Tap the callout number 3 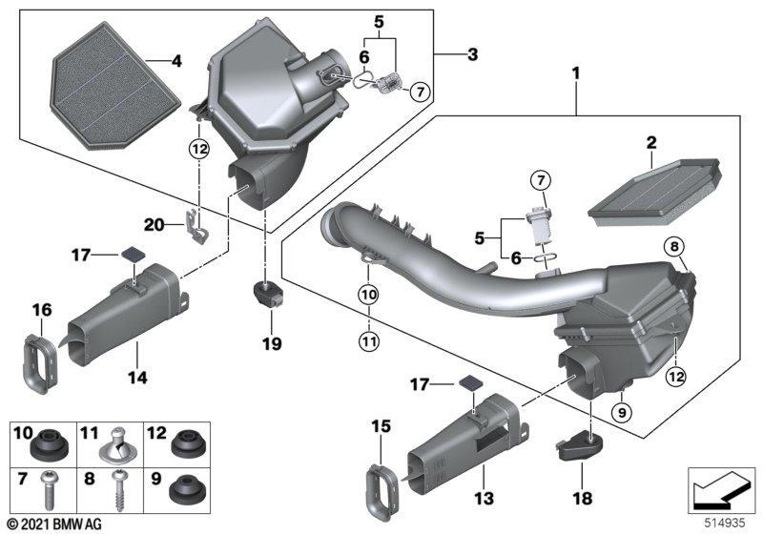471,53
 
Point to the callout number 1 576,72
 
